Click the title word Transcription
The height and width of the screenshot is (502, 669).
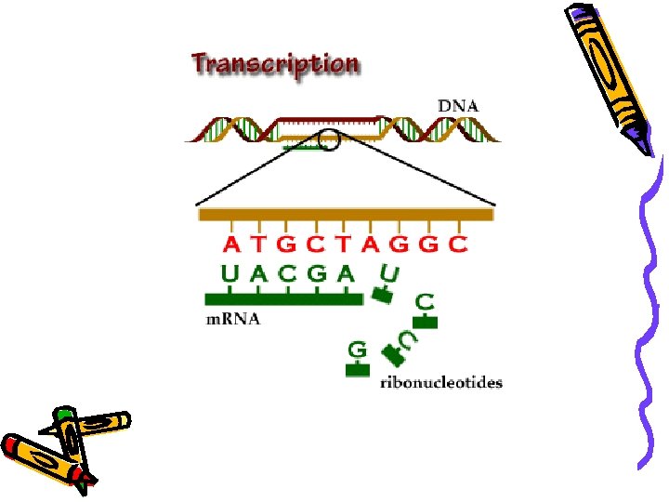274,64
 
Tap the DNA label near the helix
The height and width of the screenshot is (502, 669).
458,106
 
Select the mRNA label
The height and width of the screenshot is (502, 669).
232,320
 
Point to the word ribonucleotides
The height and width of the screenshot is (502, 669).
441,382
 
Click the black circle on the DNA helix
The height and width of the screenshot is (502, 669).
329,140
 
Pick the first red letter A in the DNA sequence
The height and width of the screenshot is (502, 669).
231,245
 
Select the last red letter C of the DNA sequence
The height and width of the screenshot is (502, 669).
457,245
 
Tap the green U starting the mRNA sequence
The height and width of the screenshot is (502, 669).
231,274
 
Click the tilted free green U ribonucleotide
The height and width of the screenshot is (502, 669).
389,274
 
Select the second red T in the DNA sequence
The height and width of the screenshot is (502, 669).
344,245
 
